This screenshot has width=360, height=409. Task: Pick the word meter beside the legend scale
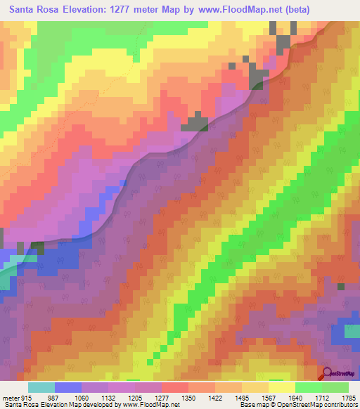coord(11,397)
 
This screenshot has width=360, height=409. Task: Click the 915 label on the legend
coord(27,397)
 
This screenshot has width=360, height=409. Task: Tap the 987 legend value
coord(53,397)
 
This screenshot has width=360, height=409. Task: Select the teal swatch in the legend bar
coord(41,387)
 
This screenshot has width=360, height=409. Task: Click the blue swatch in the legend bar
coord(67,387)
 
